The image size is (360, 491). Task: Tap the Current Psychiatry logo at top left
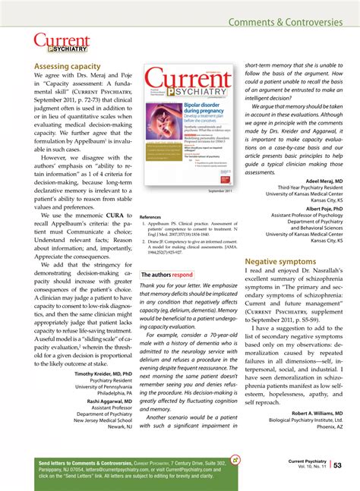(62, 43)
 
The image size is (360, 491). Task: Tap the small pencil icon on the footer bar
(235, 458)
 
